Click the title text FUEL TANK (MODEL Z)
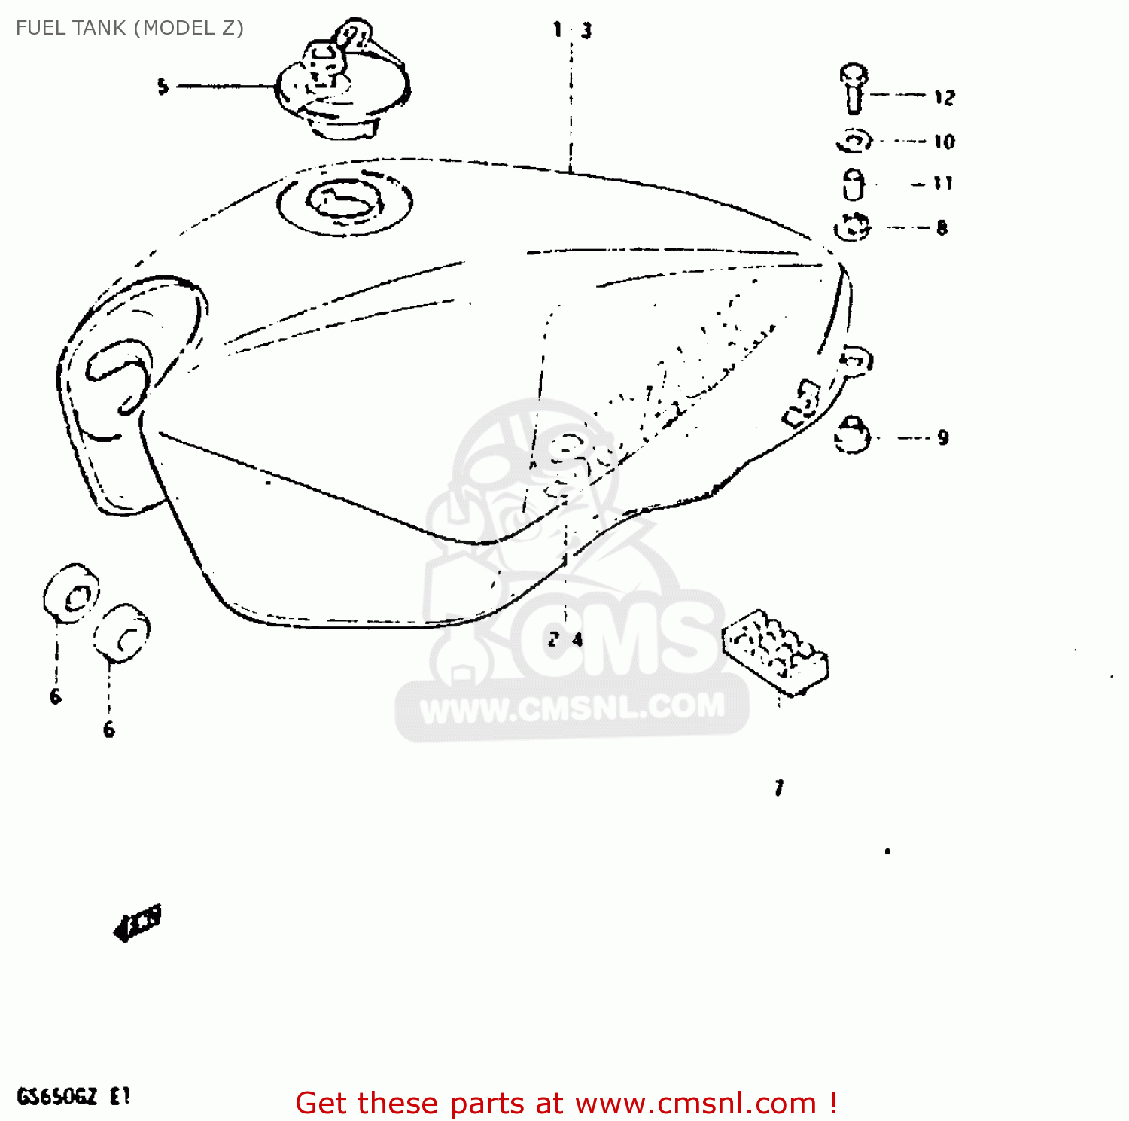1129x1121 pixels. pyautogui.click(x=129, y=28)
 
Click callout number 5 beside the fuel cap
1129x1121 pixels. pyautogui.click(x=163, y=87)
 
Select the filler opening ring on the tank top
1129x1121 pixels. pyautogui.click(x=344, y=202)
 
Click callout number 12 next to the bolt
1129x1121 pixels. pyautogui.click(x=944, y=97)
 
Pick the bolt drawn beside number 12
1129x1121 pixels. pyautogui.click(x=854, y=87)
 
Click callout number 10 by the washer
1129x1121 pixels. pyautogui.click(x=944, y=142)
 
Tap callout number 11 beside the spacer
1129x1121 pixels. pyautogui.click(x=942, y=183)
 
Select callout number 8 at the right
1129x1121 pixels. pyautogui.click(x=942, y=227)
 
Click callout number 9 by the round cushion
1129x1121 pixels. pyautogui.click(x=943, y=437)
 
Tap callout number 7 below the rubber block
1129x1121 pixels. pyautogui.click(x=779, y=788)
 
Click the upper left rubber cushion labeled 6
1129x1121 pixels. pyautogui.click(x=72, y=593)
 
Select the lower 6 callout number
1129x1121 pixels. pyautogui.click(x=109, y=729)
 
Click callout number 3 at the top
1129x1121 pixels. pyautogui.click(x=586, y=31)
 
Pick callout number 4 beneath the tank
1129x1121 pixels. pyautogui.click(x=577, y=640)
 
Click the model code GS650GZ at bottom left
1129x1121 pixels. pyautogui.click(x=57, y=1096)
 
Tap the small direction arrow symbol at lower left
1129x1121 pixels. pyautogui.click(x=138, y=923)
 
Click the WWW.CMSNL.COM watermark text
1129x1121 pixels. pyautogui.click(x=572, y=708)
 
